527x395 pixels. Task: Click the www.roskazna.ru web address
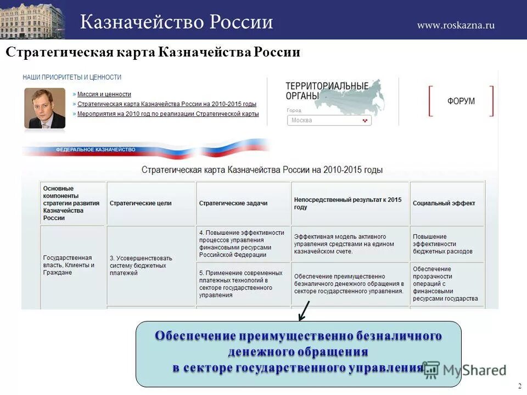(456, 25)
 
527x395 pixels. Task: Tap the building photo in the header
(32, 20)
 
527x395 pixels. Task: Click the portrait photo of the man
(44, 108)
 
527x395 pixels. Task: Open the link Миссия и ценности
(104, 94)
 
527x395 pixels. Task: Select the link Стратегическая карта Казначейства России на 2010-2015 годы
(167, 104)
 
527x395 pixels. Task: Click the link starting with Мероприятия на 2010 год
(168, 114)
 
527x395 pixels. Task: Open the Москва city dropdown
(329, 120)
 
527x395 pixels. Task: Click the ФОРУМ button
(461, 101)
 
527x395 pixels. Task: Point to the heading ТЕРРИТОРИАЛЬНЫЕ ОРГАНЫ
(327, 91)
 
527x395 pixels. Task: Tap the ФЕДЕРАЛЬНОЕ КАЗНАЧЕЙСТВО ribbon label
(96, 149)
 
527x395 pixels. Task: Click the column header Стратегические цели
(141, 203)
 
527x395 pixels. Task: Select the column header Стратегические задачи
(233, 203)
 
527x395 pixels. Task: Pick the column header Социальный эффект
(444, 203)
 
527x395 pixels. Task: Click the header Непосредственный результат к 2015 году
(348, 204)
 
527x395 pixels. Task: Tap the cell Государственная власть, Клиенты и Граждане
(69, 265)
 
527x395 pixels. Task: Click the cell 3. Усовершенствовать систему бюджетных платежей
(141, 266)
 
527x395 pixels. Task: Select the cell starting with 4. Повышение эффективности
(242, 244)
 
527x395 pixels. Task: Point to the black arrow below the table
(303, 311)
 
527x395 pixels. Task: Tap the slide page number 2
(519, 386)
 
